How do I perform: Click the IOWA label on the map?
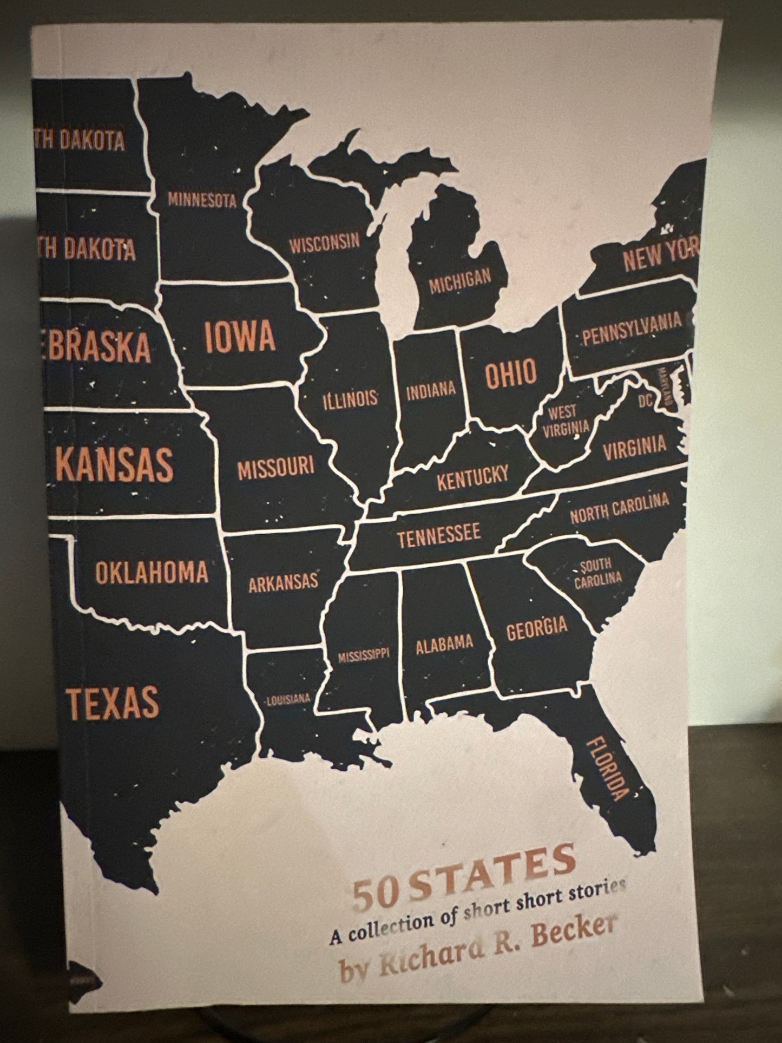(x=240, y=337)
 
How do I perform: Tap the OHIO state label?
(x=511, y=373)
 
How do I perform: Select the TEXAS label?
(x=113, y=703)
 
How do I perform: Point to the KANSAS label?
(x=114, y=464)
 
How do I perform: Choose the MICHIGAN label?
(x=460, y=280)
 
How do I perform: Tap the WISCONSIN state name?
(x=324, y=243)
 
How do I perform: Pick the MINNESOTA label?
(x=202, y=200)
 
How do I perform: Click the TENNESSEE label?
(x=439, y=535)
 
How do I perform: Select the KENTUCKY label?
(x=472, y=477)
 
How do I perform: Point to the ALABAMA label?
(x=444, y=645)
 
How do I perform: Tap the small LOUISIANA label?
(x=288, y=699)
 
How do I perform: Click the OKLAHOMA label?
(x=152, y=573)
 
